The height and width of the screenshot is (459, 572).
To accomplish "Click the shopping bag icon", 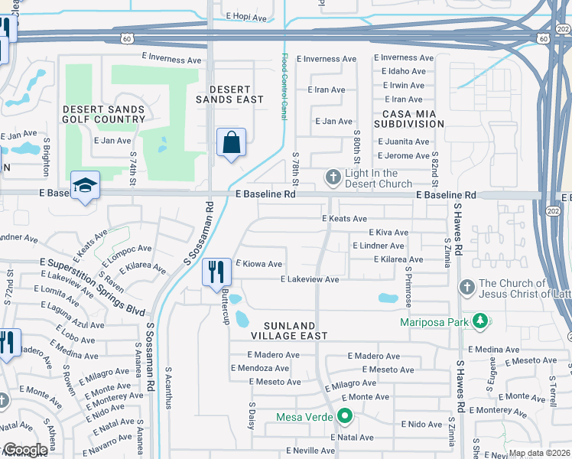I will point(231,142).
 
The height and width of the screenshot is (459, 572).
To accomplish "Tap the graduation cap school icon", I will point(85,184).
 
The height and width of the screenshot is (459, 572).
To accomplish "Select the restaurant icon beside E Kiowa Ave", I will point(216,271).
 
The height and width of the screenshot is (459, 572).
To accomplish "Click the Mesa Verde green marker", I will point(345,417).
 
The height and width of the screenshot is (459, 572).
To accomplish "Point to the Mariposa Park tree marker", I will point(479,321).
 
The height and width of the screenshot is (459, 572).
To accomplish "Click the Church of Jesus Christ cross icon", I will point(466,288).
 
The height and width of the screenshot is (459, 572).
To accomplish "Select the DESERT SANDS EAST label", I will point(229,94).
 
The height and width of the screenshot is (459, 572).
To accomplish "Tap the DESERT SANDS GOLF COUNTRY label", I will point(104,114).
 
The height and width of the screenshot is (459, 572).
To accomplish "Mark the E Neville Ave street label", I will point(310,451).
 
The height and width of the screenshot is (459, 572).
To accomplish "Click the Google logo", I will point(25,450).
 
